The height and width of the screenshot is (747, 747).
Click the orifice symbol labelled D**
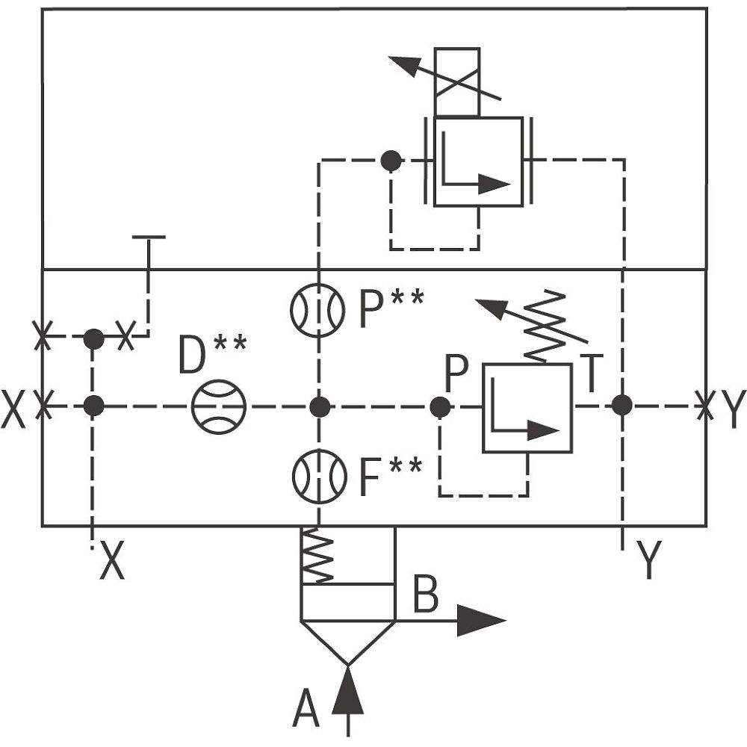point(218,406)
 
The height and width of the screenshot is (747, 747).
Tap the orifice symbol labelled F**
point(319,476)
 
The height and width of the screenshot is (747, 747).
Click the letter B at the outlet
point(426,594)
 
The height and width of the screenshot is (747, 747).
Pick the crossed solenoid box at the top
point(456,82)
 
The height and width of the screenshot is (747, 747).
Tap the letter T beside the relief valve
point(591,373)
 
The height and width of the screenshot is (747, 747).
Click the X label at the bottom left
point(113,561)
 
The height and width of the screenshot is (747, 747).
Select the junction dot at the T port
point(622,406)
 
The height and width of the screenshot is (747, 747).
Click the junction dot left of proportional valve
point(391,160)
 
